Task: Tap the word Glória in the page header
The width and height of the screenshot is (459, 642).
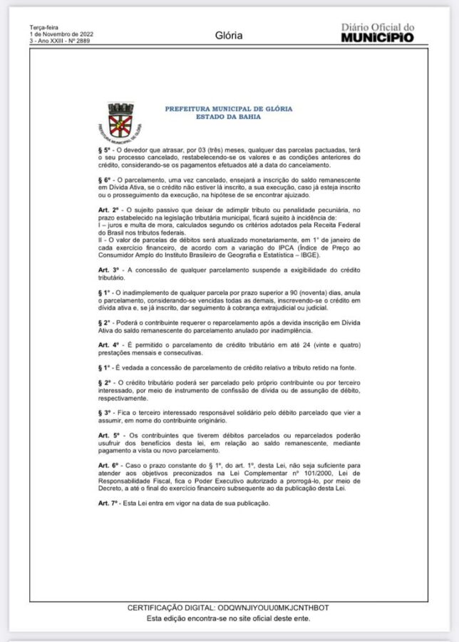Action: (x=229, y=34)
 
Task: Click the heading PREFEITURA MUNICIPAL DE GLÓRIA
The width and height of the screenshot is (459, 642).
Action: (x=228, y=108)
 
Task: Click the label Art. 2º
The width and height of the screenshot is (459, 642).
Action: (x=108, y=210)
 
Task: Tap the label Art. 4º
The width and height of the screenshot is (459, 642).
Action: (x=108, y=346)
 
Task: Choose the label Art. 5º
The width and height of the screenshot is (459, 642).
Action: (x=109, y=435)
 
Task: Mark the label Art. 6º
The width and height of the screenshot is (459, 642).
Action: (x=108, y=464)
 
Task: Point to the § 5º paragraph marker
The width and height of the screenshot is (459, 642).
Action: (x=104, y=152)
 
